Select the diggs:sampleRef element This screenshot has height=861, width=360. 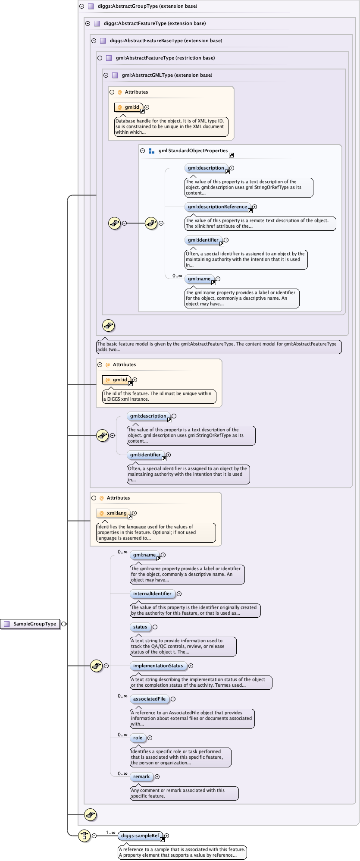click(x=141, y=836)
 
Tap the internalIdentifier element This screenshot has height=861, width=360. click(x=153, y=594)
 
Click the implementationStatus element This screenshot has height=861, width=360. click(x=158, y=666)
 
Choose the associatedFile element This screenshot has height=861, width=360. click(x=150, y=699)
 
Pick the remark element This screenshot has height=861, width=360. click(x=141, y=777)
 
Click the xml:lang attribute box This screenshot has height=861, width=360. click(x=113, y=513)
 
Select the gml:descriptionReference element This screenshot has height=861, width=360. click(x=218, y=207)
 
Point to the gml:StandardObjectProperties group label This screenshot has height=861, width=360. click(x=193, y=151)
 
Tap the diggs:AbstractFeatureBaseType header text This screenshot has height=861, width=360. click(x=166, y=41)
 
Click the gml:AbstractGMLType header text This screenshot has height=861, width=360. click(x=167, y=75)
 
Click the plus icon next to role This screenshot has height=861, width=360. click(x=150, y=738)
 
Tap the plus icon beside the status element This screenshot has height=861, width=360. click(x=155, y=627)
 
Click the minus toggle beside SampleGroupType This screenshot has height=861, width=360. click(x=64, y=624)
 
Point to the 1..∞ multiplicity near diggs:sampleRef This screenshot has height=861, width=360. click(x=111, y=833)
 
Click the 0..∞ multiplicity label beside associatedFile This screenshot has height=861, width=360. click(x=123, y=696)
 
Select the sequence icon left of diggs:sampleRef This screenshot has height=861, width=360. click(x=85, y=836)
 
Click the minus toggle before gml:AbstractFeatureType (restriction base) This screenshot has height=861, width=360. click(x=100, y=58)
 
